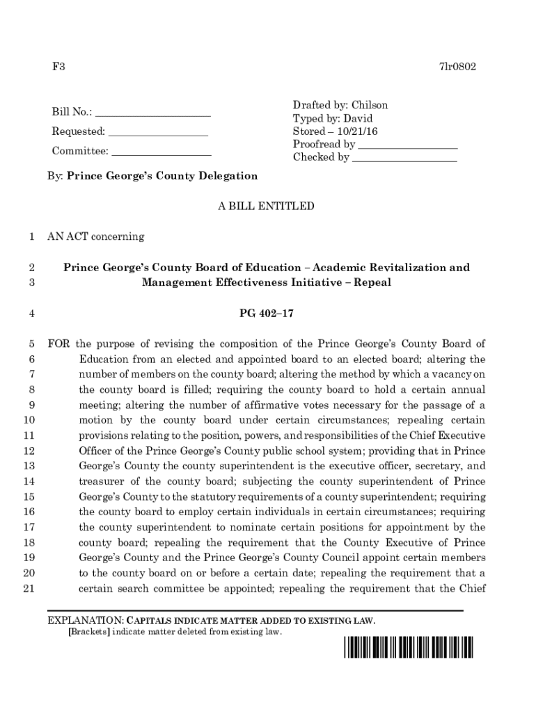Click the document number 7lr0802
457,67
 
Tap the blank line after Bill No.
152,114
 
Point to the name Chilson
370,105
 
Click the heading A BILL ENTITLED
267,207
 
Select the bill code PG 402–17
267,314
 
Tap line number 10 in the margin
29,420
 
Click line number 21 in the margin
29,588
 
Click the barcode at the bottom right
407,647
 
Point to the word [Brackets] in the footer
88,632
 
